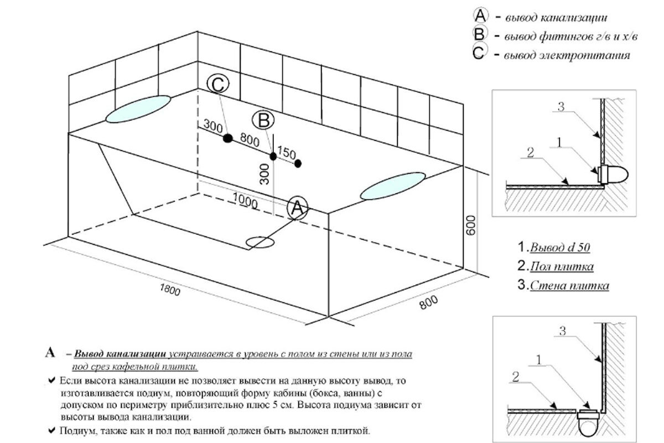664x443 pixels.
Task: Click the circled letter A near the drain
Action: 297,208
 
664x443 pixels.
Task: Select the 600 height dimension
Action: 471,224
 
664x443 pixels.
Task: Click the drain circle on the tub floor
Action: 260,242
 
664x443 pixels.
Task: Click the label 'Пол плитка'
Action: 561,267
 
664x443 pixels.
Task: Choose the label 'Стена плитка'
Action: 569,286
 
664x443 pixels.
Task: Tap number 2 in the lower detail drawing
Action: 515,378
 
